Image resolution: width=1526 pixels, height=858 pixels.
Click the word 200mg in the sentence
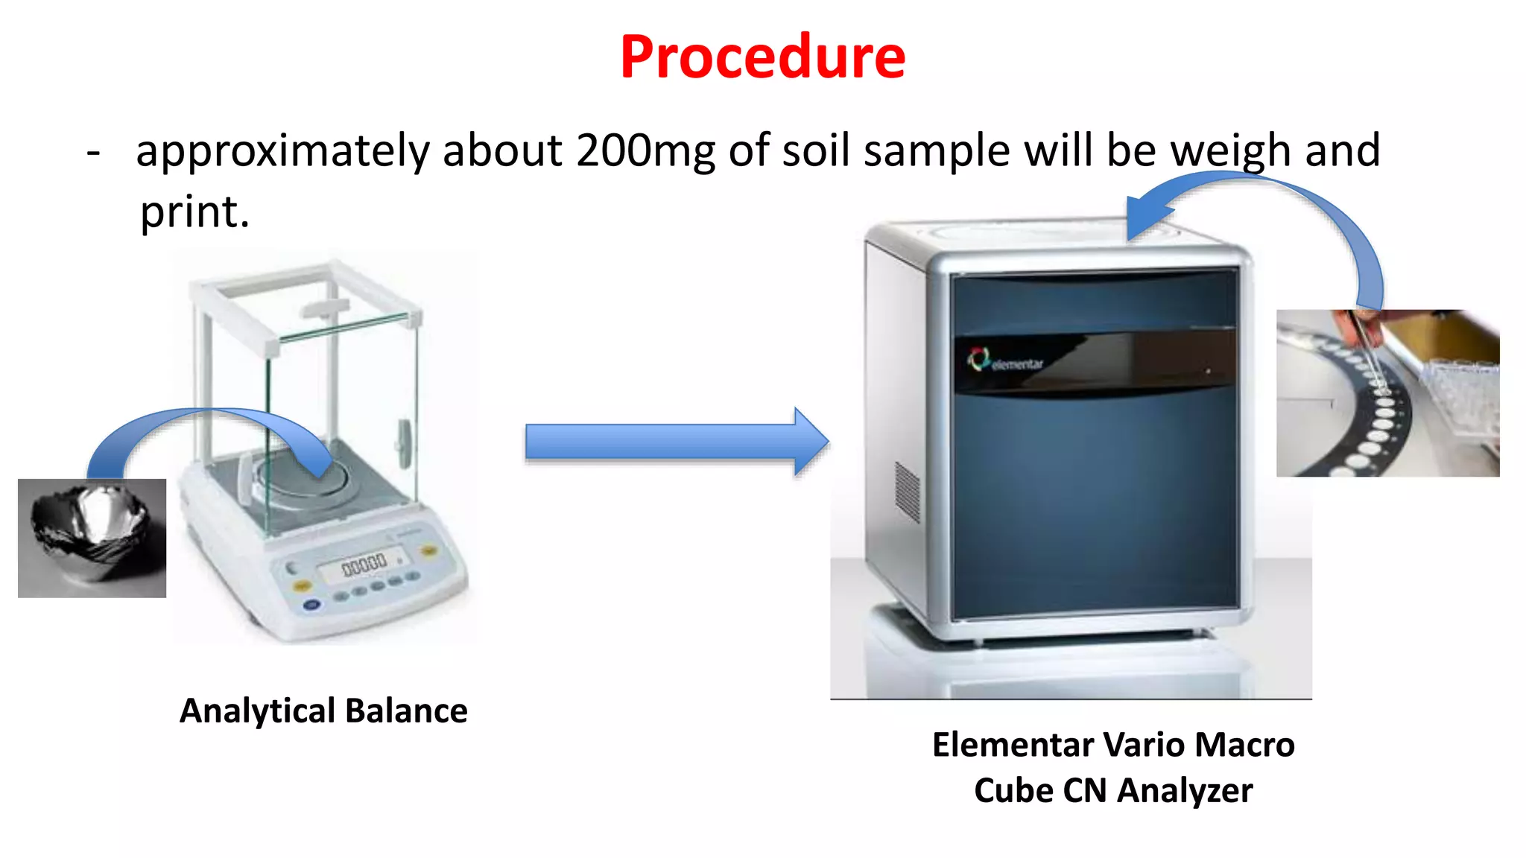645,150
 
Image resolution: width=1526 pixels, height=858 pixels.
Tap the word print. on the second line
194,212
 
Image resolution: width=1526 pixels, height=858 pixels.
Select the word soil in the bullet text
815,150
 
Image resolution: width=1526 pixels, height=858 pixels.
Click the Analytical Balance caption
323,711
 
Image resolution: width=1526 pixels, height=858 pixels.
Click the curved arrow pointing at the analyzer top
1267,201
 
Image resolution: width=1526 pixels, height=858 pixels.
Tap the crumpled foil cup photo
92,538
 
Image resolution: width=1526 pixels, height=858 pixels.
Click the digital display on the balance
364,566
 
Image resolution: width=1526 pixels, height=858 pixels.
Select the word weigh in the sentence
1230,150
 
